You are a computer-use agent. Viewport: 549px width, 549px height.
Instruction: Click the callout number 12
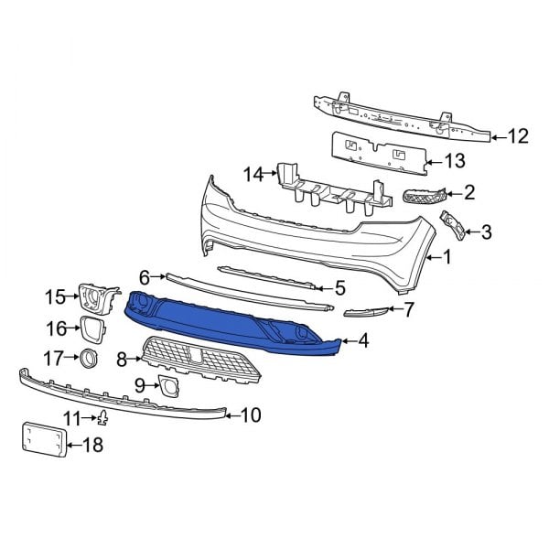(518, 137)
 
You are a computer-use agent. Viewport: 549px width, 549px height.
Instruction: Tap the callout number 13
(455, 162)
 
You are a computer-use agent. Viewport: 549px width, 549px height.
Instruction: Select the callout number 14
(253, 173)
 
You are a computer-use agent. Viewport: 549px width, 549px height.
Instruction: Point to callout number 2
(469, 192)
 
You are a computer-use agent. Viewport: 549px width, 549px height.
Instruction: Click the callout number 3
(486, 232)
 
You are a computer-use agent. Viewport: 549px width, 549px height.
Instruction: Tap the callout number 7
(409, 309)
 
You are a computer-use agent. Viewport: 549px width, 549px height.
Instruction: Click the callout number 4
(363, 341)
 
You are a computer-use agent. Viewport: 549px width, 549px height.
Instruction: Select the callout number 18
(92, 446)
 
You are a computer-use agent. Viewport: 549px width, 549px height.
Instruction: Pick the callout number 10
(250, 415)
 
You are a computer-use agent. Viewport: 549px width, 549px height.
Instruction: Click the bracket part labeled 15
(99, 297)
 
